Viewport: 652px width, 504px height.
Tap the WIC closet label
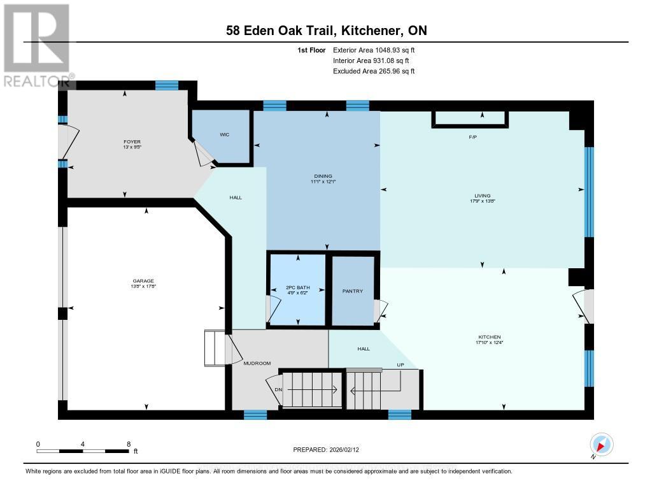224,134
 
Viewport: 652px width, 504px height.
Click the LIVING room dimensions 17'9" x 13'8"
481,202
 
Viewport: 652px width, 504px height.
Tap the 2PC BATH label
297,288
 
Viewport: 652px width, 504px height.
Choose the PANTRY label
353,291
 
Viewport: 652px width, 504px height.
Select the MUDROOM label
257,363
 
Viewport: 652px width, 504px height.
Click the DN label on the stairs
278,389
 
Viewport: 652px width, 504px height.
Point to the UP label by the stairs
400,365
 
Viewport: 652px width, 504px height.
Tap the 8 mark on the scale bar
129,443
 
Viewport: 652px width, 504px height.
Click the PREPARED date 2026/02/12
330,449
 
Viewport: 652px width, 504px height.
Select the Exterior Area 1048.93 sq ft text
374,50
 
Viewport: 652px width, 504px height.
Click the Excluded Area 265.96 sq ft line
374,71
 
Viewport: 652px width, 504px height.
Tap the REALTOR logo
37,45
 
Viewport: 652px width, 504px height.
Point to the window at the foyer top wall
167,85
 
